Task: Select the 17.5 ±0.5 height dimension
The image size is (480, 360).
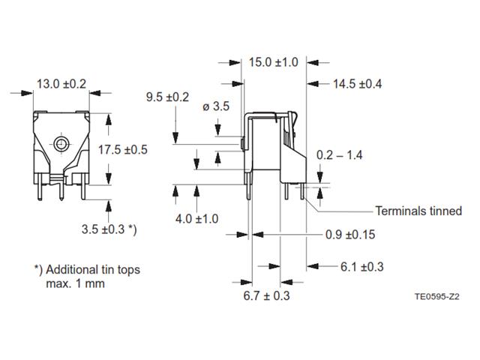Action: coord(123,149)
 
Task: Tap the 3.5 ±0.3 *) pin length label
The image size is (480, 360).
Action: coord(109,227)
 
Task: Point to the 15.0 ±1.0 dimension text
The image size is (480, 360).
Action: coord(274,61)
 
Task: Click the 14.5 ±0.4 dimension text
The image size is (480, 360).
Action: coord(357,84)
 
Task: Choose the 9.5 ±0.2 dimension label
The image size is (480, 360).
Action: coord(166,97)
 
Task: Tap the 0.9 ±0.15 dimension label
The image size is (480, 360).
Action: coord(350,235)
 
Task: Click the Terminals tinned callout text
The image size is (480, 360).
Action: coord(418,211)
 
